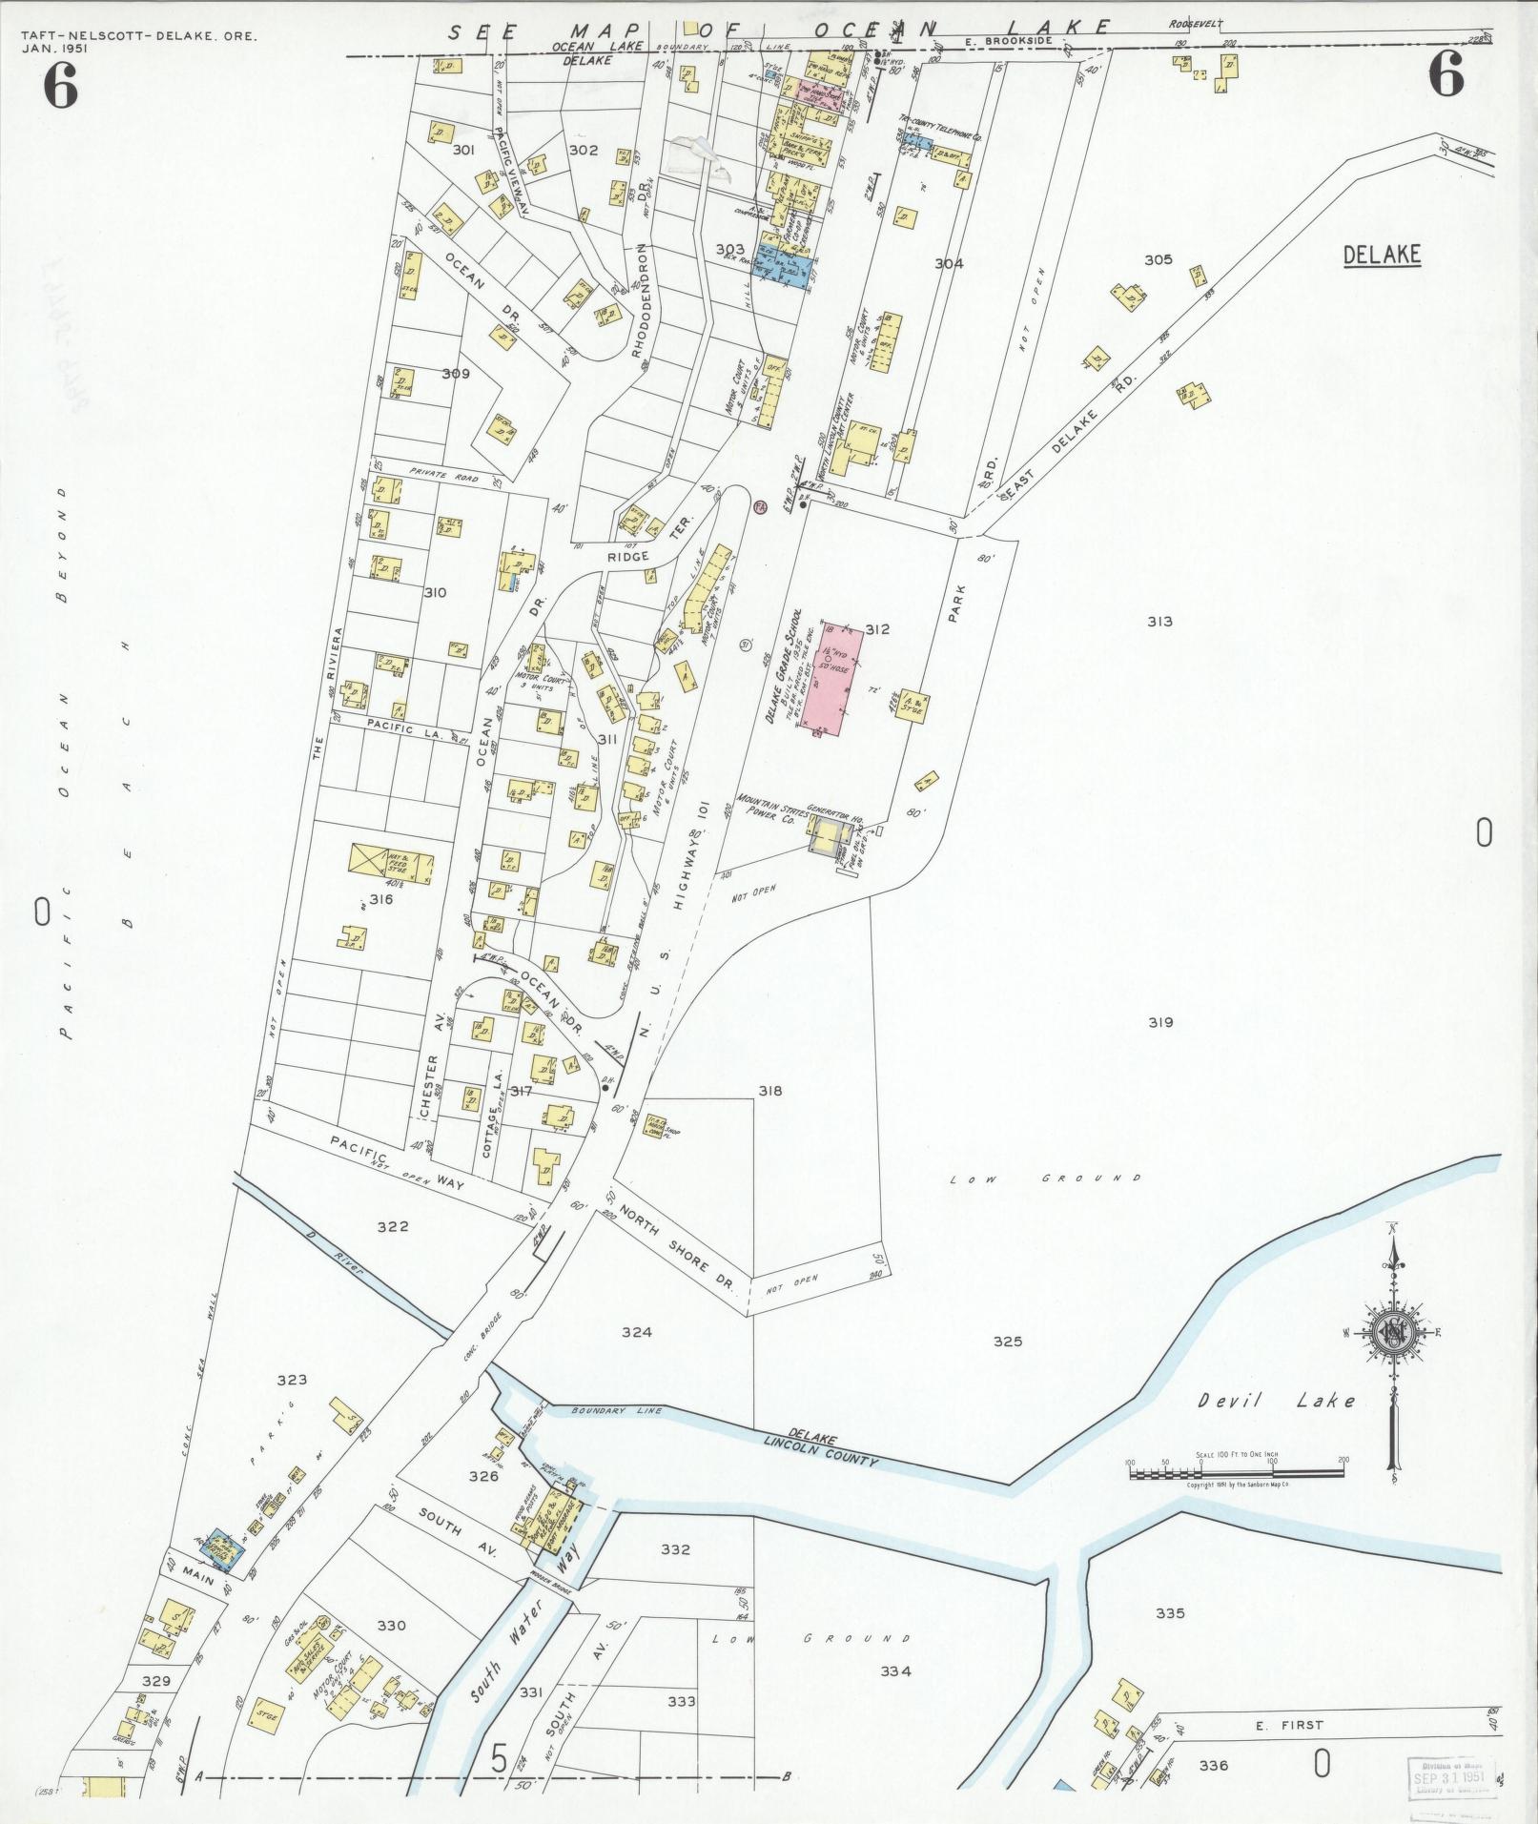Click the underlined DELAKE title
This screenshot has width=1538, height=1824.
[1382, 255]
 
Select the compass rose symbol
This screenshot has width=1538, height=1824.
[1393, 1337]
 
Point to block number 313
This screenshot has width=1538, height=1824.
[1159, 622]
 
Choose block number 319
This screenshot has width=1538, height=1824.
[1159, 1022]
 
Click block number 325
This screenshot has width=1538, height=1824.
[1007, 1342]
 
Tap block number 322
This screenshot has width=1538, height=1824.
[392, 1226]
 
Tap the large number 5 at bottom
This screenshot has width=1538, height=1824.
[499, 1758]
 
